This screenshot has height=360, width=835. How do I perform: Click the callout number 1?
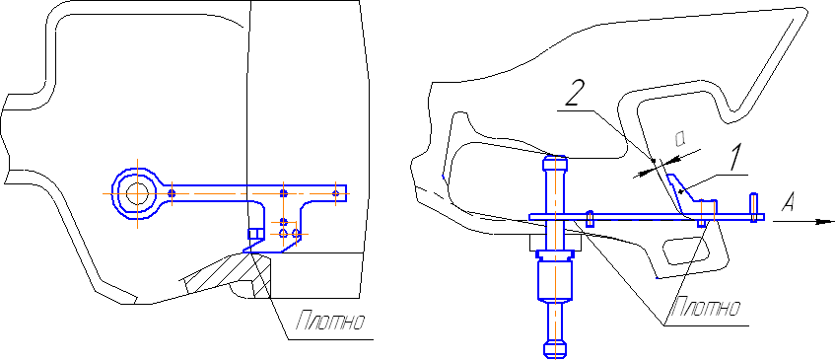pyautogui.click(x=735, y=158)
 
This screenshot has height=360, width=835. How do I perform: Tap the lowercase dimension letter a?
pyautogui.click(x=680, y=139)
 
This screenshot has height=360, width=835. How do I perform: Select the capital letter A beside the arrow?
pyautogui.click(x=790, y=202)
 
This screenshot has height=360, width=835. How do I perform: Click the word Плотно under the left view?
pyautogui.click(x=330, y=322)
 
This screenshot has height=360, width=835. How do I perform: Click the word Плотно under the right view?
pyautogui.click(x=707, y=308)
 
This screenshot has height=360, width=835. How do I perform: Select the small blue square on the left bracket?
pyautogui.click(x=255, y=233)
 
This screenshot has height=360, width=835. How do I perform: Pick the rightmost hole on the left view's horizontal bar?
pyautogui.click(x=335, y=192)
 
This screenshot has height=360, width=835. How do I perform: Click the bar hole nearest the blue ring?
pyautogui.click(x=172, y=192)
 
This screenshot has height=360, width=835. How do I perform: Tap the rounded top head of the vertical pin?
pyautogui.click(x=554, y=162)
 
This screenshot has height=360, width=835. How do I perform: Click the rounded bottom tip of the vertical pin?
pyautogui.click(x=554, y=349)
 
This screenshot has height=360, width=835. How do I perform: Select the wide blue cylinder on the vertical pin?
pyautogui.click(x=554, y=279)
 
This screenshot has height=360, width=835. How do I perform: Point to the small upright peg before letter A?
pyautogui.click(x=753, y=208)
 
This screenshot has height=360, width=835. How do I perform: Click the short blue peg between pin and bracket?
pyautogui.click(x=591, y=219)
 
